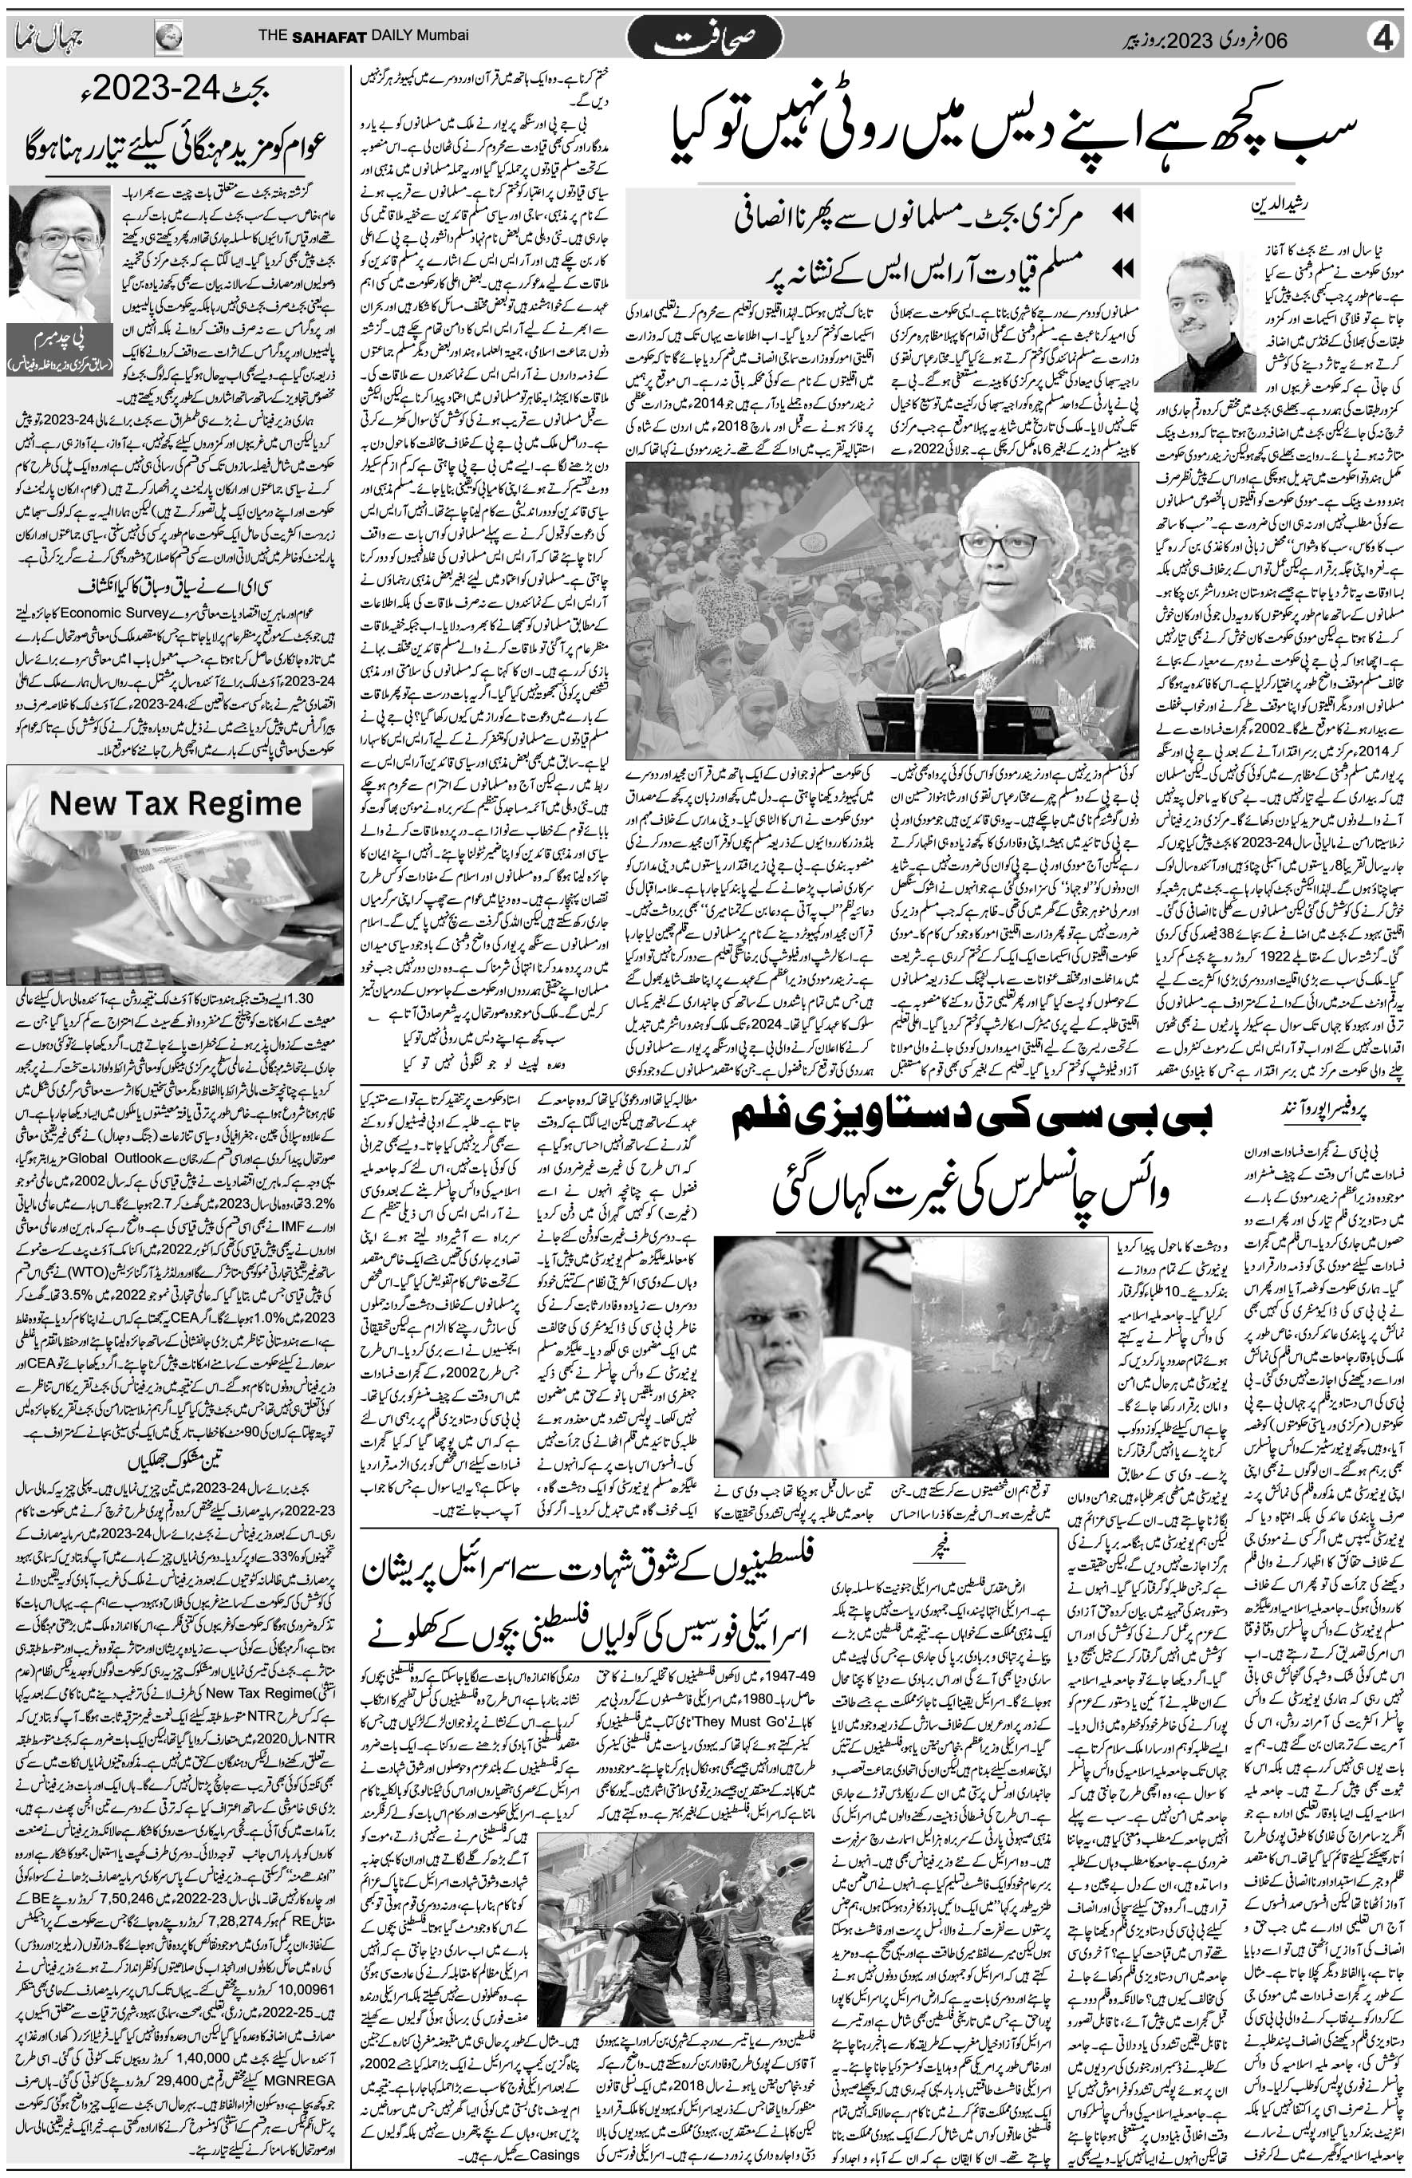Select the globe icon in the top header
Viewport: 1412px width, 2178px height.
click(x=168, y=37)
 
